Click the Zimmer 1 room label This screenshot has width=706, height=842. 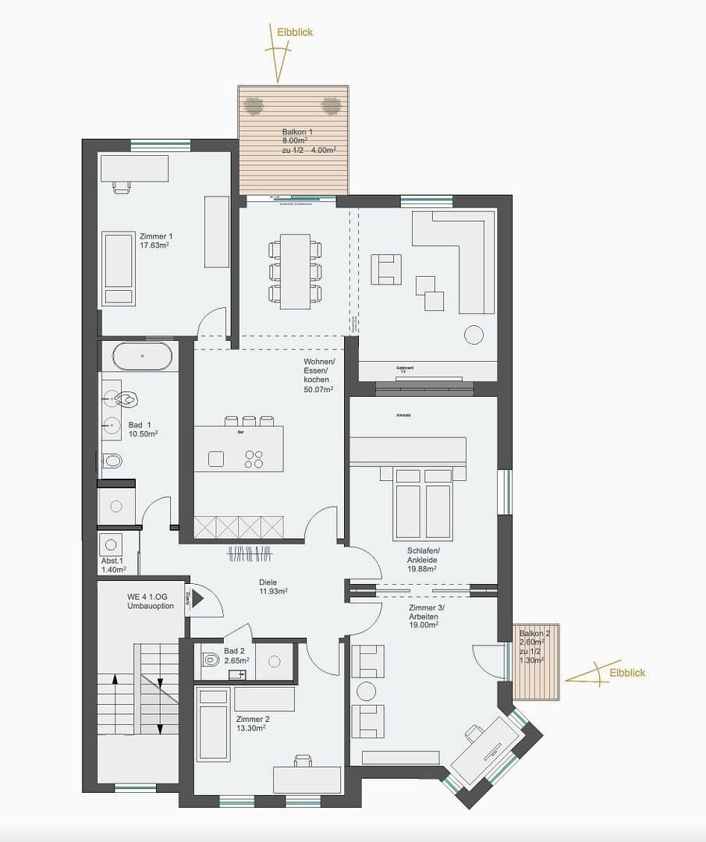coord(155,240)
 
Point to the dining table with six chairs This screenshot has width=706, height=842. coord(295,271)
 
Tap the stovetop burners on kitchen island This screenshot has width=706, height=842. coord(254,459)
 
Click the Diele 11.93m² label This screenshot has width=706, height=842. coord(273,586)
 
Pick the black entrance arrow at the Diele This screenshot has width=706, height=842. coord(197,599)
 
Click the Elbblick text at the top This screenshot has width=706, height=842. coord(295,32)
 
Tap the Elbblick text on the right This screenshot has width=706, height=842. coord(627,673)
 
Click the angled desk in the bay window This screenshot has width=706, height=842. coord(487,749)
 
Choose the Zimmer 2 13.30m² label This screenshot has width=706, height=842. coord(250,723)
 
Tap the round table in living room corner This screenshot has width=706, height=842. coord(474,334)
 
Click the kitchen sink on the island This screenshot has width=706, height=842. coord(216,459)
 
